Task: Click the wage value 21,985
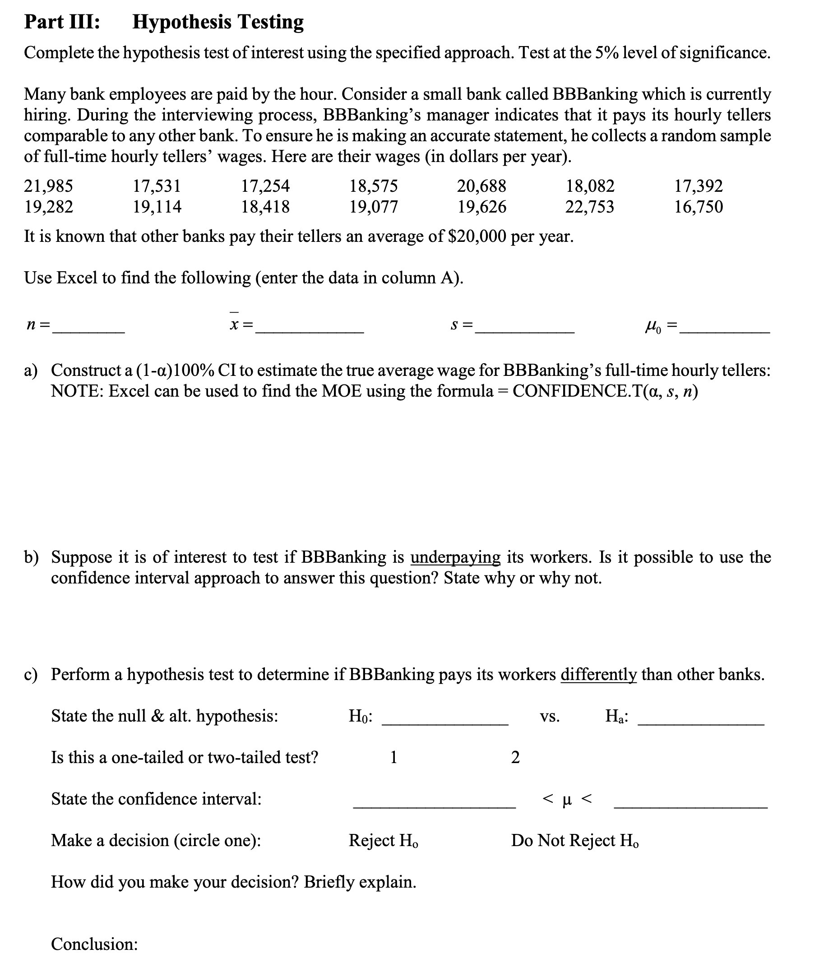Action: (48, 186)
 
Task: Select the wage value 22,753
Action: (589, 207)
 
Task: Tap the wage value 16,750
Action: (698, 207)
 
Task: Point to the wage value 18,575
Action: (373, 186)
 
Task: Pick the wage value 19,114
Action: (157, 207)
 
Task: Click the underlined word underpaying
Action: (455, 557)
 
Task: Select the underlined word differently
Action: (598, 674)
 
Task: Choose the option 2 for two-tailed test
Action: (514, 757)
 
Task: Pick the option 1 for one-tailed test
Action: (393, 757)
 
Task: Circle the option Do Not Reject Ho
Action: (574, 840)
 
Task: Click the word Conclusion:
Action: (94, 944)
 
